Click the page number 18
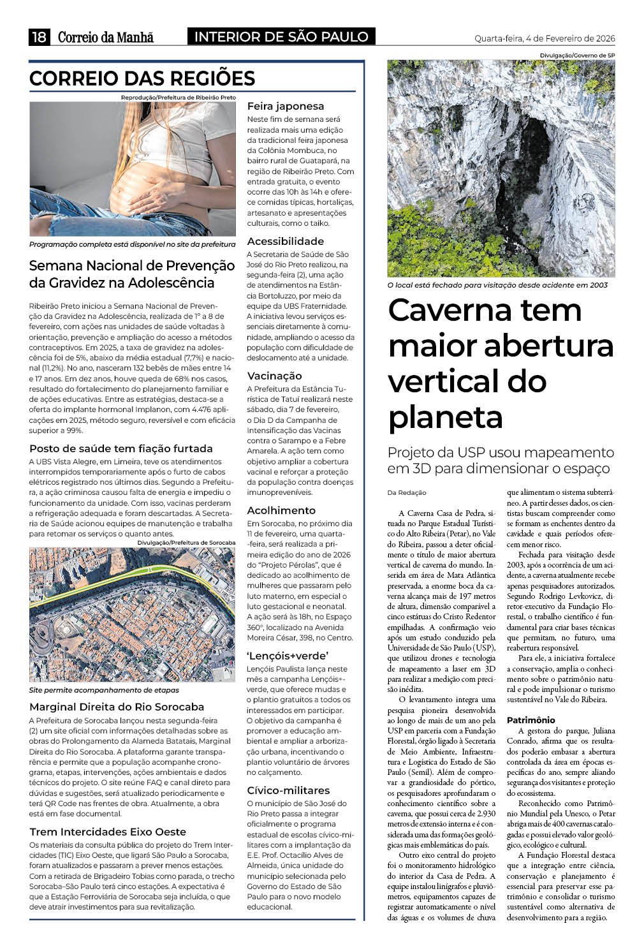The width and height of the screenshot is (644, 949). pos(39,37)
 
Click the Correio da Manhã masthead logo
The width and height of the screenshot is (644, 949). pos(106,37)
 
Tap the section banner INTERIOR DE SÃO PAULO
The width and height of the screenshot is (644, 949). pos(281,37)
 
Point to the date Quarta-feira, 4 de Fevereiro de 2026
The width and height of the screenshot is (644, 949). pos(545,38)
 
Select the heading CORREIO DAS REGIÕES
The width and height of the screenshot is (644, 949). pos(142,78)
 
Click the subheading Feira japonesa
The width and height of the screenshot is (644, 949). pos(286,107)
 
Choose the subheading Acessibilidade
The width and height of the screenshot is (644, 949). pos(286,241)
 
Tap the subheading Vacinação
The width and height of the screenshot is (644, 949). pos(275,376)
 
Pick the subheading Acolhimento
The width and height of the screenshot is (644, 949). pos(281,510)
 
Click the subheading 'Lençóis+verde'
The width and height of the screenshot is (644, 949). pos(288,656)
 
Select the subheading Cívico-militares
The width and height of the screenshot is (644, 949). pos(288,790)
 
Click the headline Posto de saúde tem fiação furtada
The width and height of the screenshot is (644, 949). pos(121,448)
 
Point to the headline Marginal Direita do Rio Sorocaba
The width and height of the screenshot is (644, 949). pos(117,707)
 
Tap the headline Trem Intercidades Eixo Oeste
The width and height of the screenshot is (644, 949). pos(108,832)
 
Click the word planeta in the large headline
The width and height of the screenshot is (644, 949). pos(446,417)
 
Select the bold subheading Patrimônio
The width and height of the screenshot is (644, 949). pos(531,720)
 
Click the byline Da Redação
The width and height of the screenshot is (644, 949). pos(406,492)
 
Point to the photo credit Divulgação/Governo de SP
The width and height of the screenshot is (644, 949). pos(577,55)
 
